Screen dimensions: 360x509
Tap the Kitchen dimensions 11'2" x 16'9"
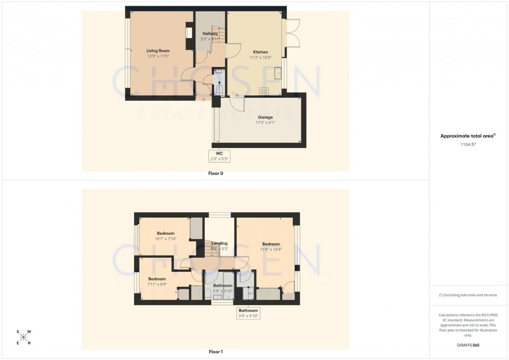point(260,58)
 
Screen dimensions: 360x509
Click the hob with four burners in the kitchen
point(263,91)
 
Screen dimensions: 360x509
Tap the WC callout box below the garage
point(219,156)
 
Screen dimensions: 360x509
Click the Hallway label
point(210,34)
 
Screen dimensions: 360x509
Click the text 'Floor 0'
point(215,173)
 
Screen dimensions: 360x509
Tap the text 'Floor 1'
point(215,352)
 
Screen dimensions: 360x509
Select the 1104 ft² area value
point(468,145)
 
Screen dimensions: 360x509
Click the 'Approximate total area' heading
point(468,136)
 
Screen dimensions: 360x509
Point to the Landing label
point(219,243)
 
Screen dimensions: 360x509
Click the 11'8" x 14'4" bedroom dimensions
point(271,249)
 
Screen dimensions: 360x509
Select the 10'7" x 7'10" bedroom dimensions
point(166,239)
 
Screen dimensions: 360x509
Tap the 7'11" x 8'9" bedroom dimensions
point(157,284)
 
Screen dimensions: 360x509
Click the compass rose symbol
point(24,337)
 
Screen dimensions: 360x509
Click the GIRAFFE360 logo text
point(468,345)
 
